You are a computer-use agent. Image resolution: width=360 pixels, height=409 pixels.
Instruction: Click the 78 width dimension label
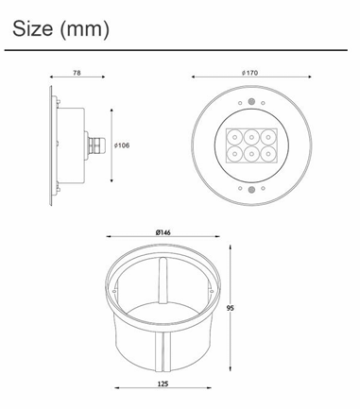pyautogui.click(x=77, y=73)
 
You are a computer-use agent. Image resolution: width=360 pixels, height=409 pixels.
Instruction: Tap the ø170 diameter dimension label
pyautogui.click(x=250, y=73)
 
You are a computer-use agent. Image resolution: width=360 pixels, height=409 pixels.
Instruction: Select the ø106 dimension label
pyautogui.click(x=122, y=145)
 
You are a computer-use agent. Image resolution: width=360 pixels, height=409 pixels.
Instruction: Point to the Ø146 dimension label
pyautogui.click(x=163, y=232)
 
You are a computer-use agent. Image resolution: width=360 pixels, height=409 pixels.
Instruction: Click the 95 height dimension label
pyautogui.click(x=231, y=308)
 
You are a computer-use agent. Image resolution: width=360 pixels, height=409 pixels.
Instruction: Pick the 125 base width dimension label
pyautogui.click(x=163, y=383)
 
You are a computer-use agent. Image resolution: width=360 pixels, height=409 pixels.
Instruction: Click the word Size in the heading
pyautogui.click(x=32, y=28)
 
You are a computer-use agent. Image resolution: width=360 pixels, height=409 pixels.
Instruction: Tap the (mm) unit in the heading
pyautogui.click(x=84, y=29)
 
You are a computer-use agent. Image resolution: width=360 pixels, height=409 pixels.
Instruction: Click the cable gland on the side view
pyautogui.click(x=94, y=145)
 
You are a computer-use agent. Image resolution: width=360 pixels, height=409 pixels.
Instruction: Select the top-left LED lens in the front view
pyautogui.click(x=235, y=137)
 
